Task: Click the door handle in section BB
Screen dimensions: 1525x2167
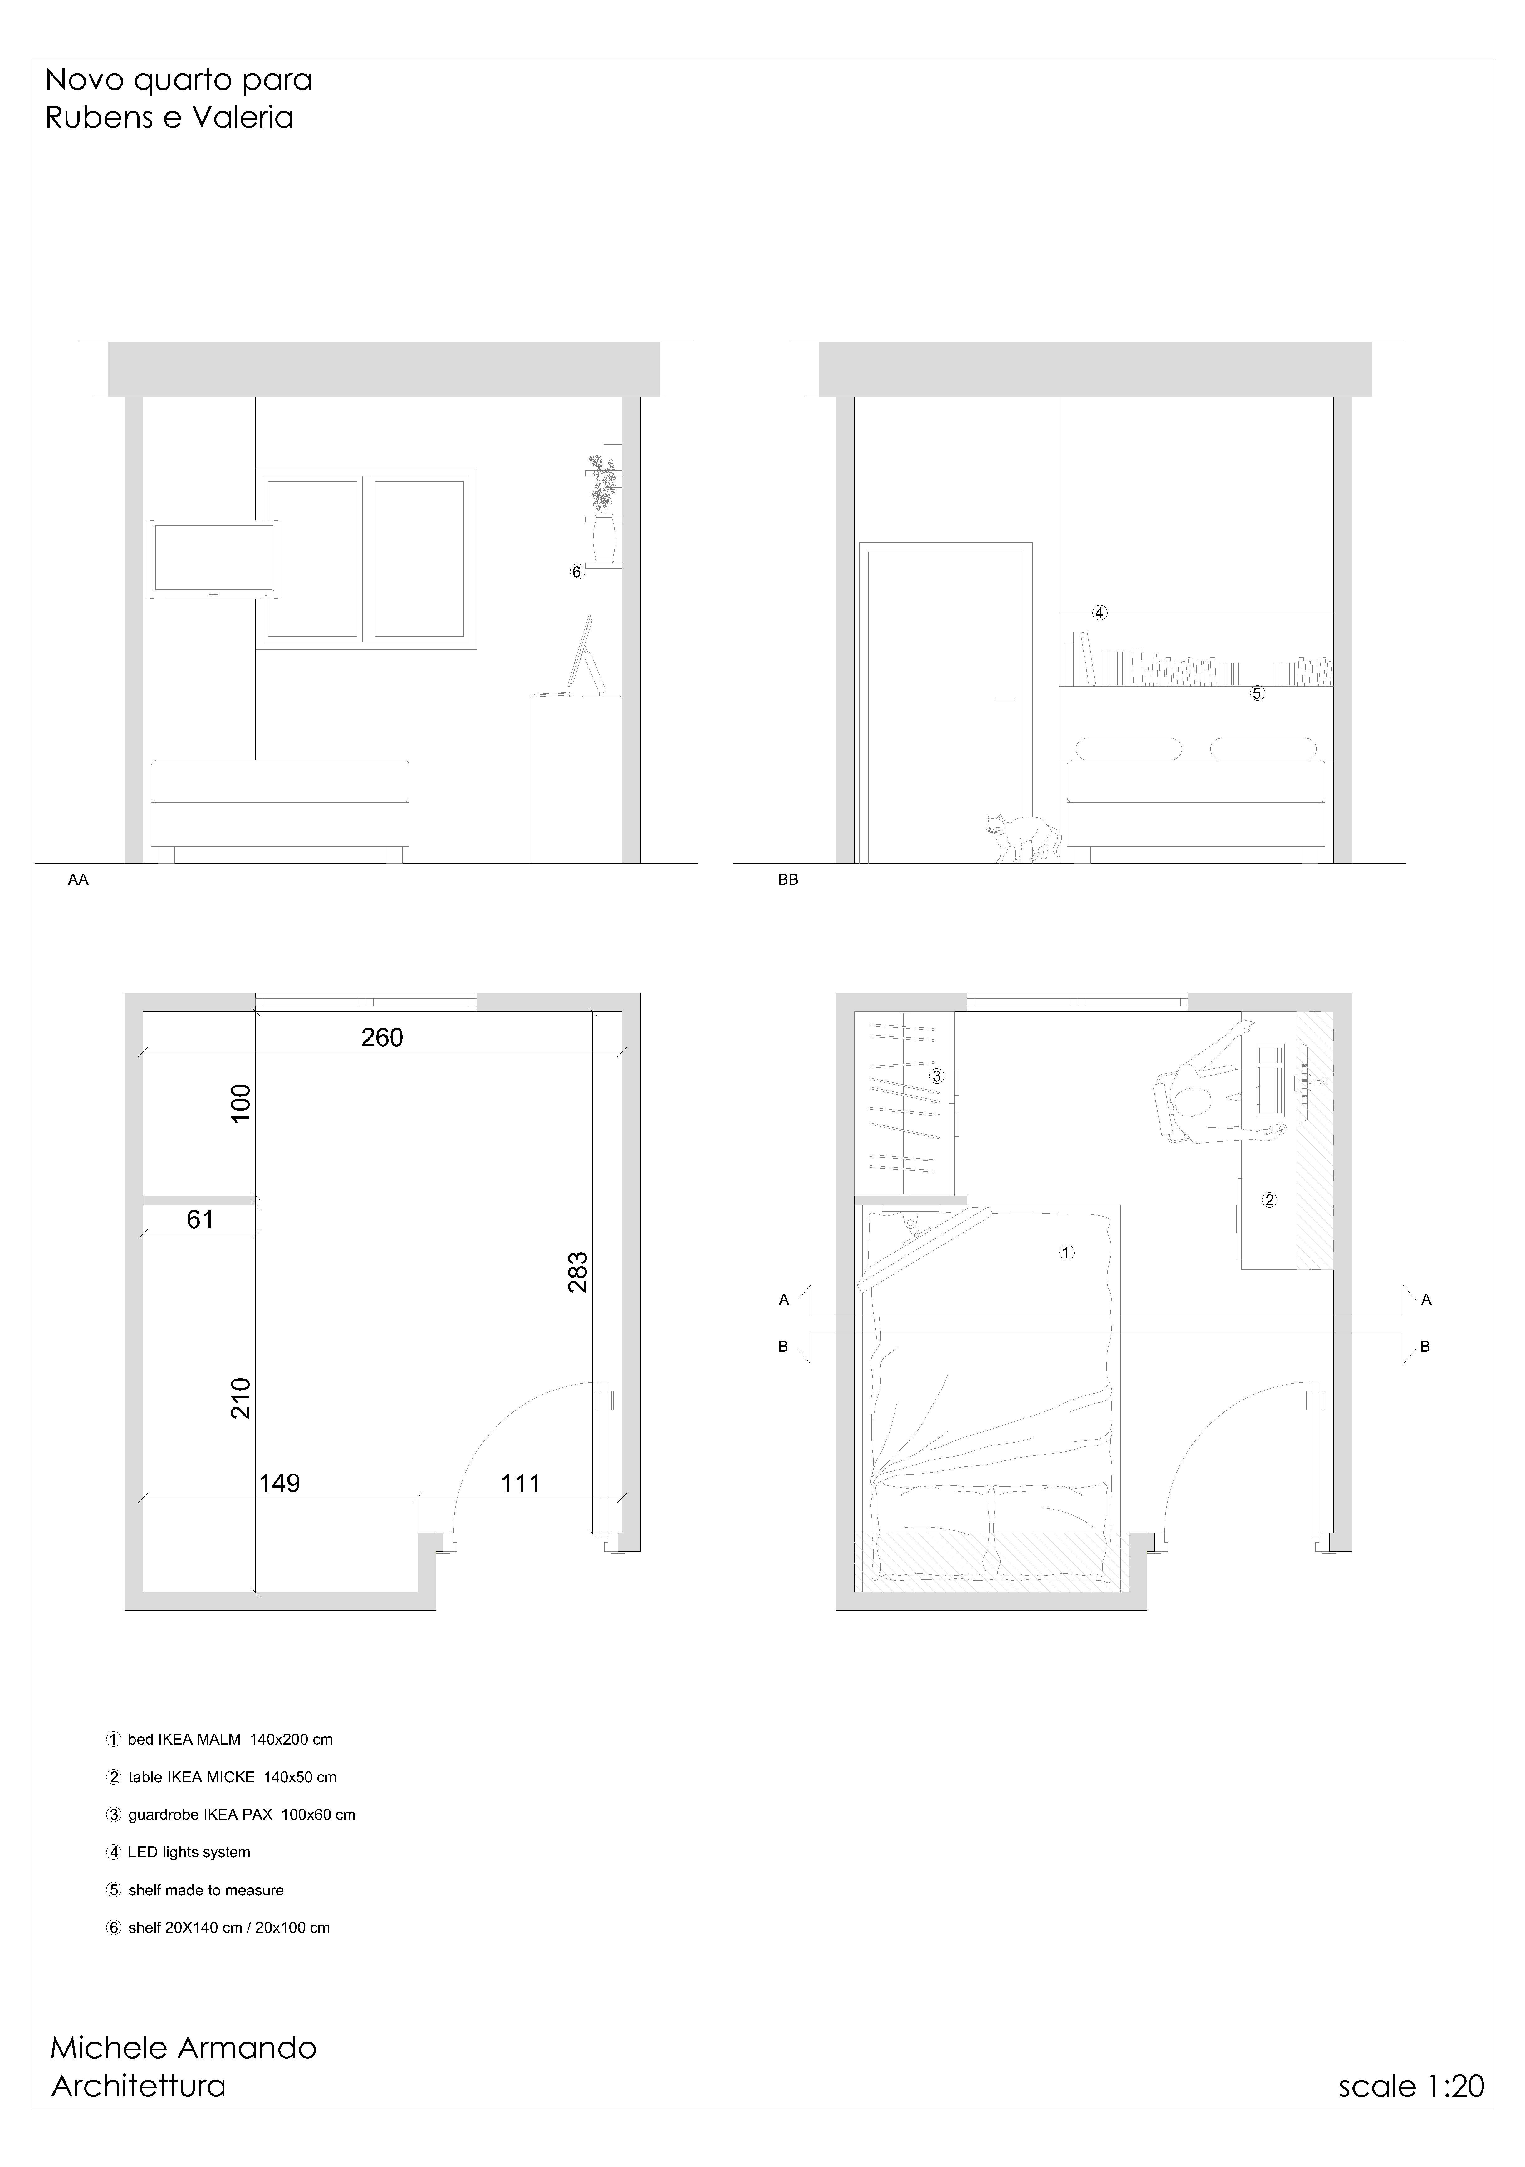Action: [1003, 699]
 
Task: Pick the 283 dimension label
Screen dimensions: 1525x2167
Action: [577, 1271]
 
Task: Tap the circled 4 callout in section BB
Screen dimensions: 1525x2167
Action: [1099, 613]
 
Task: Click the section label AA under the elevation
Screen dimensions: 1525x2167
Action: [78, 880]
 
